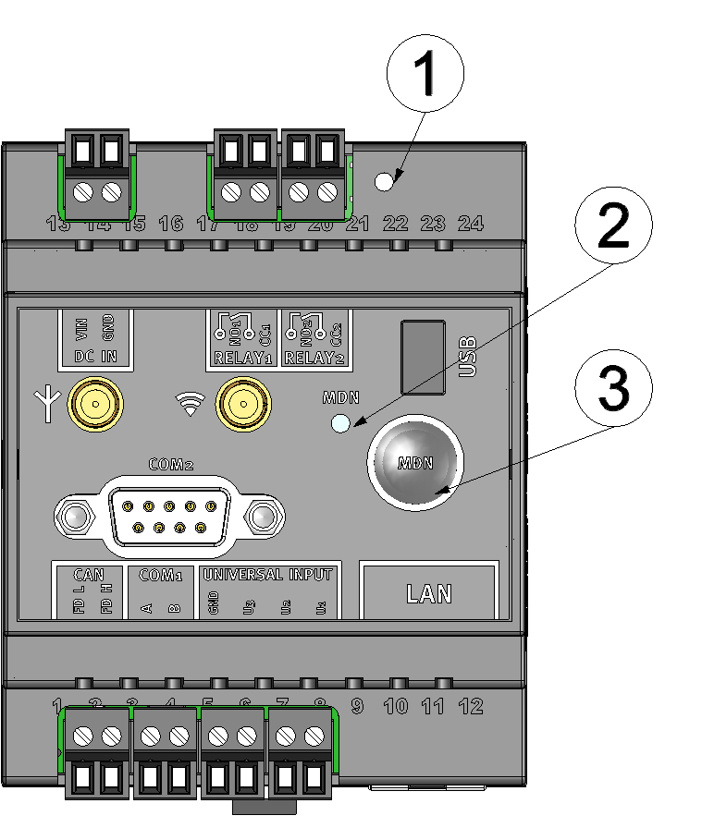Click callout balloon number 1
(x=426, y=75)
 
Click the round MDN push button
(x=415, y=465)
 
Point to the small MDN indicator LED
(x=341, y=424)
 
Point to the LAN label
(x=429, y=593)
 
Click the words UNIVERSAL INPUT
(x=267, y=575)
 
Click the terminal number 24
(x=471, y=223)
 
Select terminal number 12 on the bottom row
(x=471, y=707)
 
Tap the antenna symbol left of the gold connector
(x=47, y=403)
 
